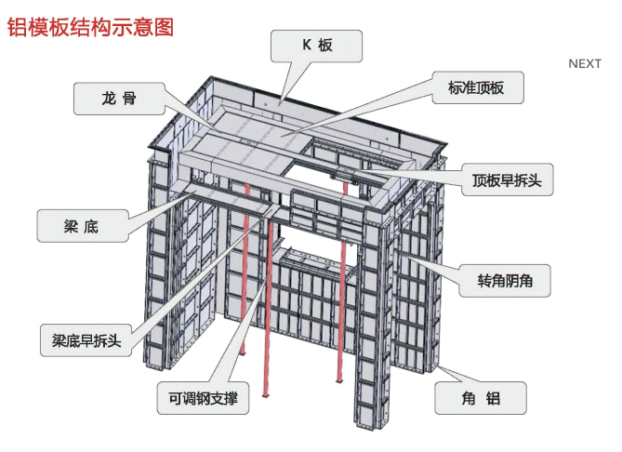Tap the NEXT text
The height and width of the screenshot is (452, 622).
(585, 63)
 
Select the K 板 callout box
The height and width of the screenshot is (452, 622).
(316, 46)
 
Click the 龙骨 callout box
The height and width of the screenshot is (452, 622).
(119, 98)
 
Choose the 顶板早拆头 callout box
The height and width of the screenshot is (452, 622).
(507, 179)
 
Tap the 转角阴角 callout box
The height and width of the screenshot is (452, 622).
(506, 279)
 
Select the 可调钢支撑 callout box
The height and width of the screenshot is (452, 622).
(203, 399)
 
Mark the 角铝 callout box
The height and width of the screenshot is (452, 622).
(481, 399)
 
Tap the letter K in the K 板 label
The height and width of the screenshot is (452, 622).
(305, 46)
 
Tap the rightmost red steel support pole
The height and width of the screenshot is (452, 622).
(343, 307)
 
